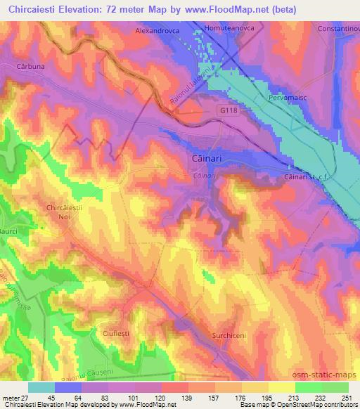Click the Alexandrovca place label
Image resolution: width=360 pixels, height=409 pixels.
(x=158, y=32)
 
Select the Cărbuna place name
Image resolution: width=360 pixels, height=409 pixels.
(x=30, y=67)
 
